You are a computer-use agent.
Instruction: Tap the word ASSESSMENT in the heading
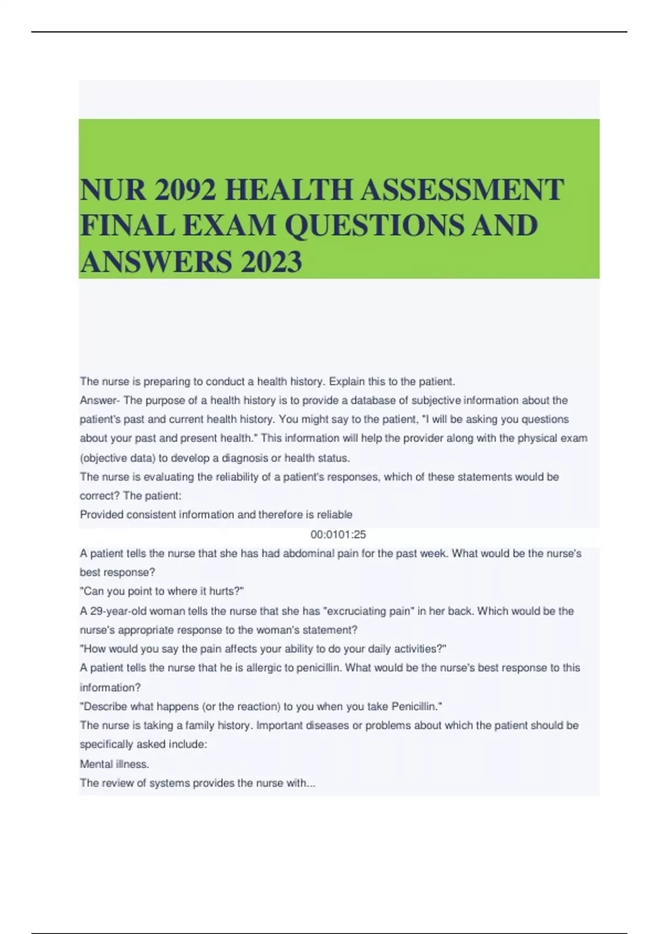[462, 190]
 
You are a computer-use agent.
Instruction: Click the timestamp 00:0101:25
[338, 535]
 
